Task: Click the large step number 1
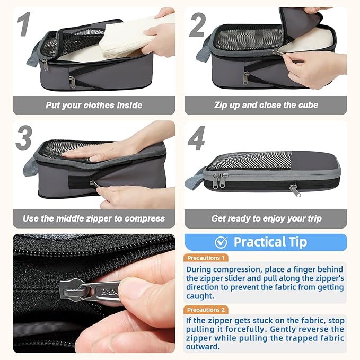coord(24,24)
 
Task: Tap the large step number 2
coord(197,25)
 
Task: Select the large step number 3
coord(24,138)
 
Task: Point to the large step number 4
coord(196,138)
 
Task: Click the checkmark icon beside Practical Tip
coord(221,242)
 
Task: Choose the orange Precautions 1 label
coord(206,258)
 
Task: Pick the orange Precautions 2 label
coord(206,310)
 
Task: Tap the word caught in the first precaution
coord(200,296)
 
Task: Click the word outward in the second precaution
coord(203,347)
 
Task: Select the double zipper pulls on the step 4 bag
coord(220,181)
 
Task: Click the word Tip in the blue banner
coord(298,242)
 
